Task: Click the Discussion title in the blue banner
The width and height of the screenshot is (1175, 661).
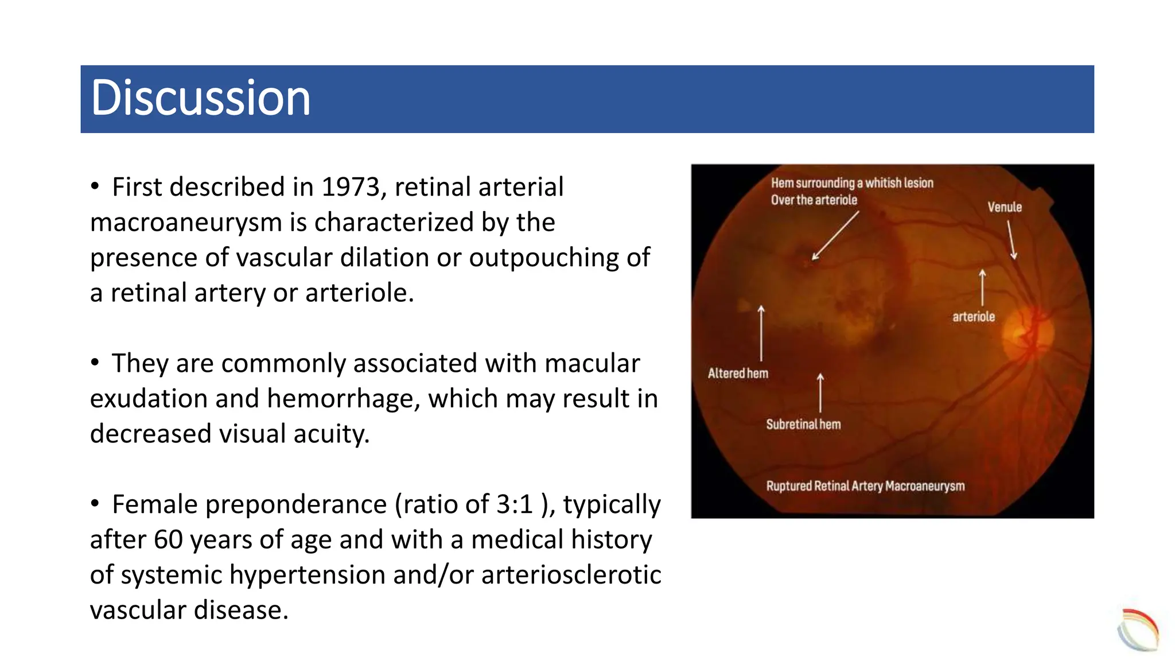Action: coord(200,98)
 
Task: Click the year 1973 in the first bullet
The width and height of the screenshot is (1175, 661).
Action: coord(350,187)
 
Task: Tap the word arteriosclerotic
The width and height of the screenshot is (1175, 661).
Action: coord(571,575)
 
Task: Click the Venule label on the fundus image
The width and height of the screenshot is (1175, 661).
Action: coord(1004,207)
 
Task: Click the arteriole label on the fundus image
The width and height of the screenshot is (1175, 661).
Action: coord(974,317)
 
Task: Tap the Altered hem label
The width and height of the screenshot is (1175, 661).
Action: coord(738,374)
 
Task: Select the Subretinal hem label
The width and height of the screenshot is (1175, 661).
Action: coord(803,425)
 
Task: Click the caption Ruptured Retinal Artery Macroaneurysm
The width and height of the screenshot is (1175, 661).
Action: coord(865,486)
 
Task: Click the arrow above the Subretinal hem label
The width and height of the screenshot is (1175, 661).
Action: coord(820,392)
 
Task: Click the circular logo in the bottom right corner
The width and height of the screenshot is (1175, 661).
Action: coord(1138,630)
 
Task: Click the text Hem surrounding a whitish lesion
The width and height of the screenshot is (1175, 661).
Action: coord(852,183)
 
